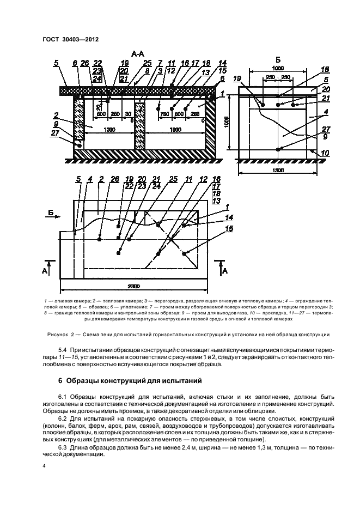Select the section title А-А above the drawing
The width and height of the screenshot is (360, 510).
[x=138, y=54]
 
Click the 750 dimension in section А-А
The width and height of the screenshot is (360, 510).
[x=163, y=113]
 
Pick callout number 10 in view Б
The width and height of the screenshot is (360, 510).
[x=325, y=154]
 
